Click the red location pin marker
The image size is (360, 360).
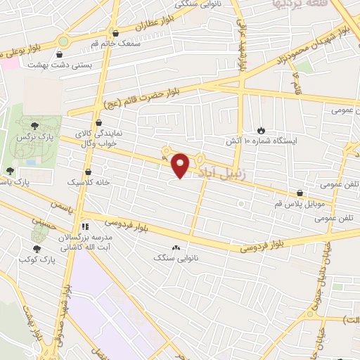[181, 165]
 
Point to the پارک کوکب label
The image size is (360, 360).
[38, 260]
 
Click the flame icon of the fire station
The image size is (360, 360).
[262, 130]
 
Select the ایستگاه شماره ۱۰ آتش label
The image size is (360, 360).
[261, 141]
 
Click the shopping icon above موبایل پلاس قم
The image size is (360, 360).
[300, 193]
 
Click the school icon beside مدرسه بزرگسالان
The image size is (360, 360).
[84, 226]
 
